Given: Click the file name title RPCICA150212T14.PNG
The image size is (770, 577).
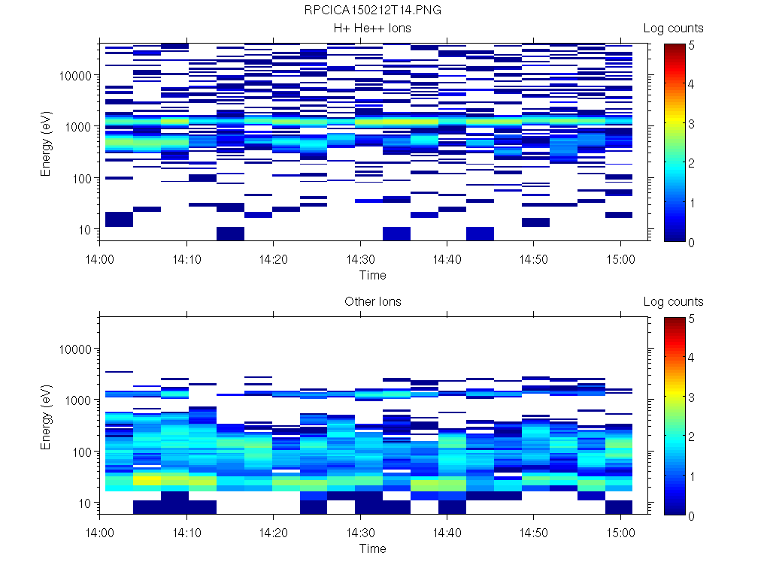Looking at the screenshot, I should click(373, 11).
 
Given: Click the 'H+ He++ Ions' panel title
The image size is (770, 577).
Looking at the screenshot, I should click(373, 29).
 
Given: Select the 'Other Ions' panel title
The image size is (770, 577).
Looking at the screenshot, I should click(373, 302).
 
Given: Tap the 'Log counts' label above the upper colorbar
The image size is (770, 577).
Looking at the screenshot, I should click(674, 29).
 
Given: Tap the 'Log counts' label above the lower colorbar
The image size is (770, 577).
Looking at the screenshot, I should click(674, 302).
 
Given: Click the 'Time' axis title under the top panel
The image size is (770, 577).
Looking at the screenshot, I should click(373, 275).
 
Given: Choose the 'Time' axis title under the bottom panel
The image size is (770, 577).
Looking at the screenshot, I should click(373, 548).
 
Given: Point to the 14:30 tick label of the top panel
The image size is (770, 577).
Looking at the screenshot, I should click(360, 258).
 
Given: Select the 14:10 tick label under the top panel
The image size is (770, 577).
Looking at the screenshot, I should click(186, 258).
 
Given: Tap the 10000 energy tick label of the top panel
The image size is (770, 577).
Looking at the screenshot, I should click(75, 76).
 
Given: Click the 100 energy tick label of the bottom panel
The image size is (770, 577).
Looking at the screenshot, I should click(81, 452).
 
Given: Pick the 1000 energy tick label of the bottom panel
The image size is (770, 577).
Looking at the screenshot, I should click(78, 400).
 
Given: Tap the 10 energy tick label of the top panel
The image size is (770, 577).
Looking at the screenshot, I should click(84, 229).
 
